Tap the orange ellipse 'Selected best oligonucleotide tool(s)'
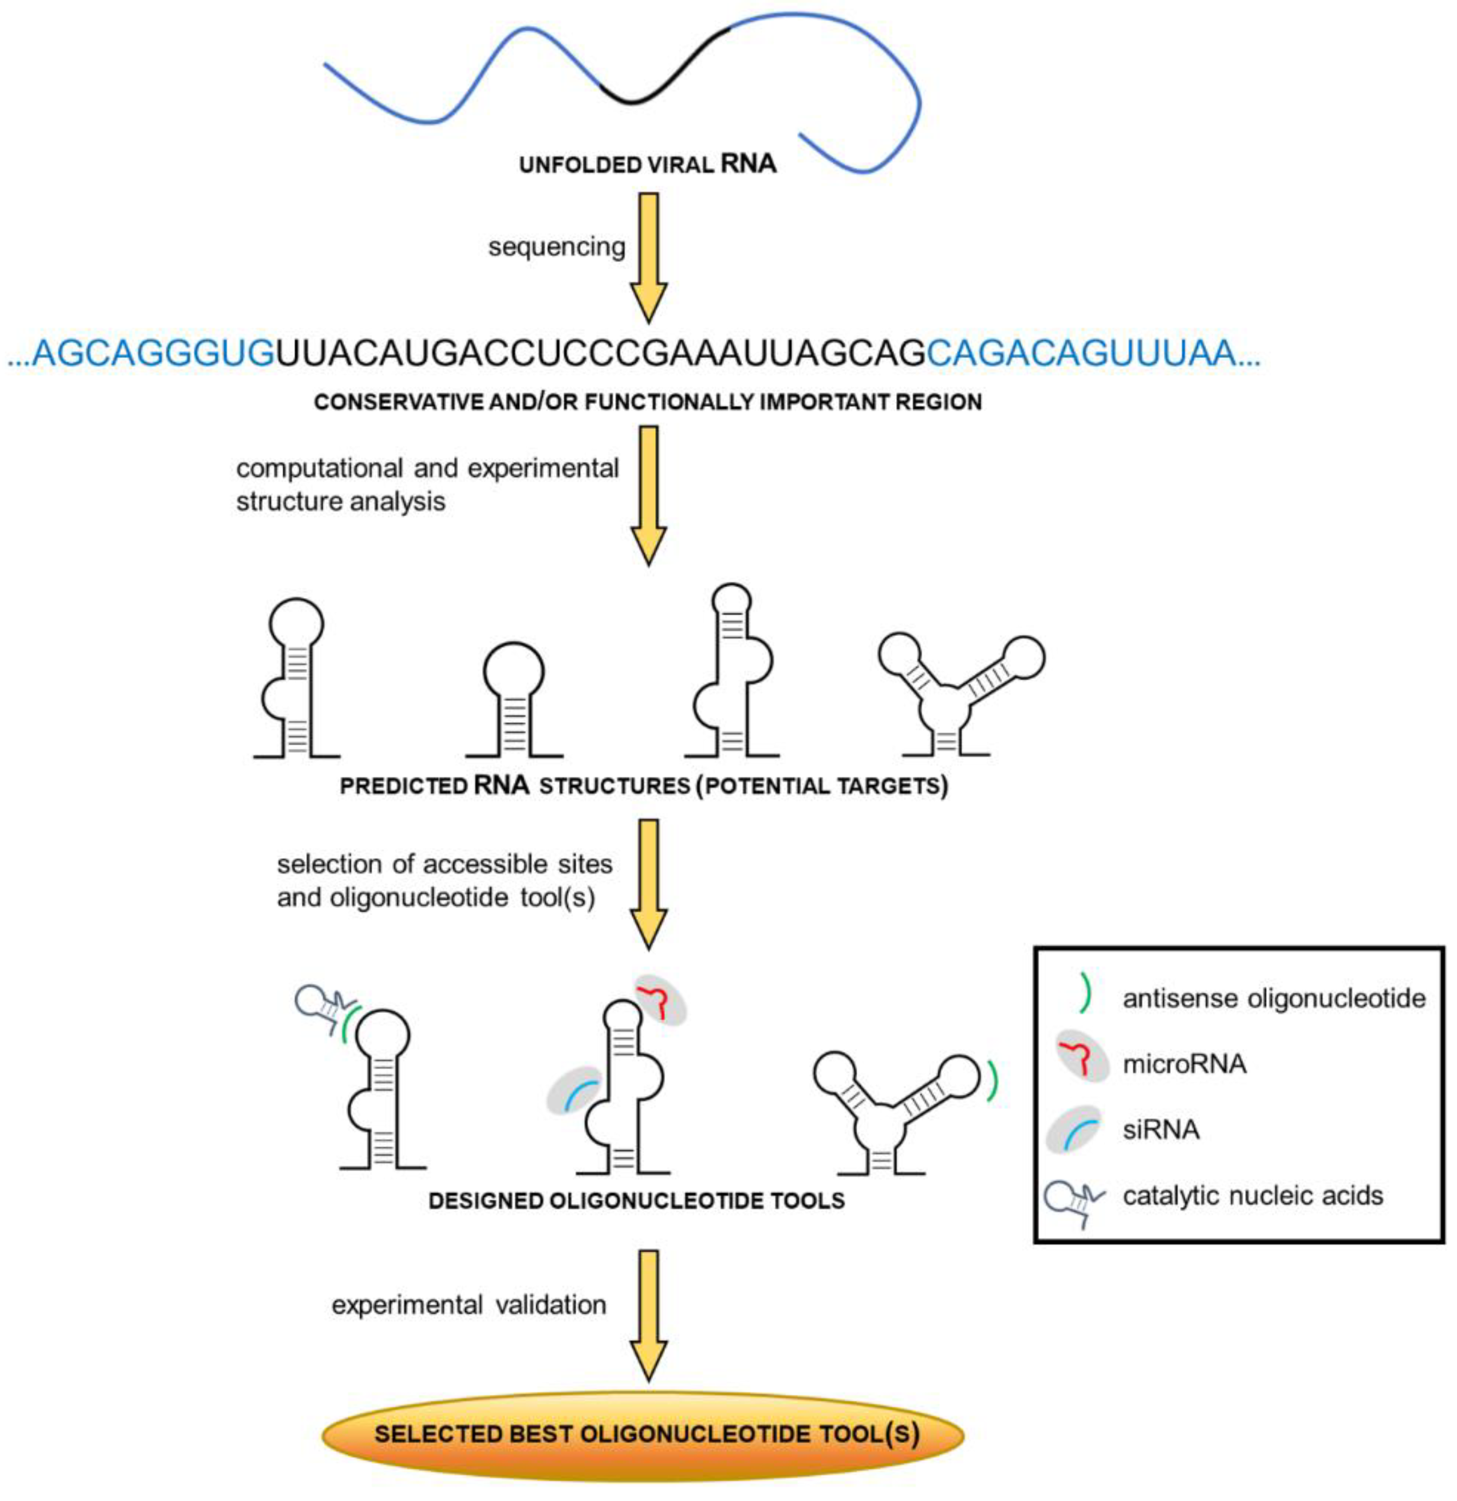(x=642, y=1434)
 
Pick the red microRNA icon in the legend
(x=1082, y=1061)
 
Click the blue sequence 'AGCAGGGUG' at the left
(x=153, y=354)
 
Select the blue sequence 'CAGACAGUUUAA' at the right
(x=1080, y=354)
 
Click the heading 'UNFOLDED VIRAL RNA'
(x=647, y=165)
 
